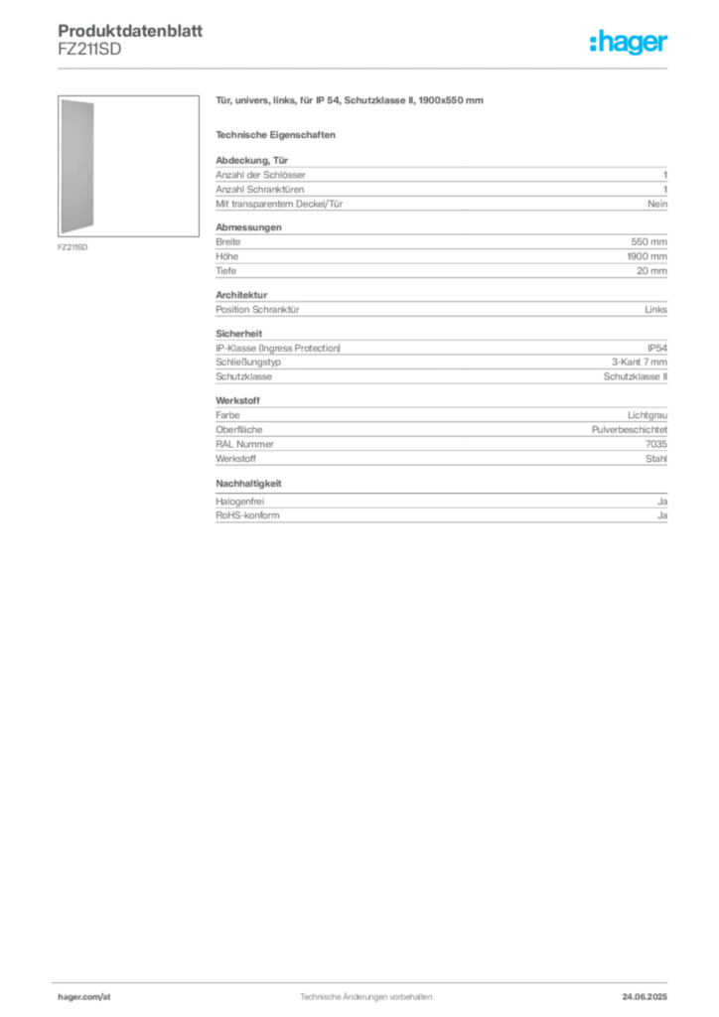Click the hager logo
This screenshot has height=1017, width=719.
pos(629,42)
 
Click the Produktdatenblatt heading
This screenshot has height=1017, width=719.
pos(130,31)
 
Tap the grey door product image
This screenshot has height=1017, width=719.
pos(77,166)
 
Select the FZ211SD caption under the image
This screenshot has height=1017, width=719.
pos(72,247)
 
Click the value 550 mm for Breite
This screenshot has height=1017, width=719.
pos(648,242)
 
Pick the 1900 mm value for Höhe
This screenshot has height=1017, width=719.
pos(647,256)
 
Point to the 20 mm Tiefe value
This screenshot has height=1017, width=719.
pos(651,270)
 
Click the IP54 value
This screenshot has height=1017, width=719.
pos(656,349)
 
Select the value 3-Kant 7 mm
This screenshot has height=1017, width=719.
pos(640,362)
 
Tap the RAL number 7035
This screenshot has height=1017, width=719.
pos(656,444)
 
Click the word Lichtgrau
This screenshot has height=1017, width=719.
pos(647,415)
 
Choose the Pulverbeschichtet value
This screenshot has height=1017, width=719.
pos(629,429)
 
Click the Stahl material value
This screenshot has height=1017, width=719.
pos(656,459)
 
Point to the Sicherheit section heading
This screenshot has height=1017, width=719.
pos(238,334)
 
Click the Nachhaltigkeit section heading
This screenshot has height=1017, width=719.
pos(248,484)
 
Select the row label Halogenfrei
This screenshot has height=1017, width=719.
pos(240,502)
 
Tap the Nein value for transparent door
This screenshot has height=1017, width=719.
pos(657,204)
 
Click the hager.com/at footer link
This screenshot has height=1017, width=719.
pos(84,997)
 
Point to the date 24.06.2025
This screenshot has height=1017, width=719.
pos(645,997)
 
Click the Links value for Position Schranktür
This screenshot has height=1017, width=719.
pos(655,310)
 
